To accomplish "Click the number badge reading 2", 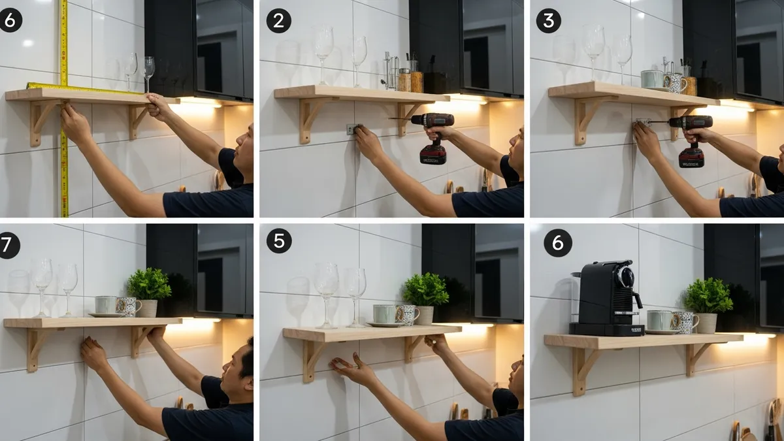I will pos(278,21).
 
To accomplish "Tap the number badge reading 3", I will pos(548,21).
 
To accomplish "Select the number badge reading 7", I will pos(8,245).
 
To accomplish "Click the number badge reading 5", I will pos(278,241).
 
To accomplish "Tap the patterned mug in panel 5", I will pos(408,315).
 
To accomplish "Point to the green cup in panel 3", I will pos(651,80).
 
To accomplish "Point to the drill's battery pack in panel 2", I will pos(433,154).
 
